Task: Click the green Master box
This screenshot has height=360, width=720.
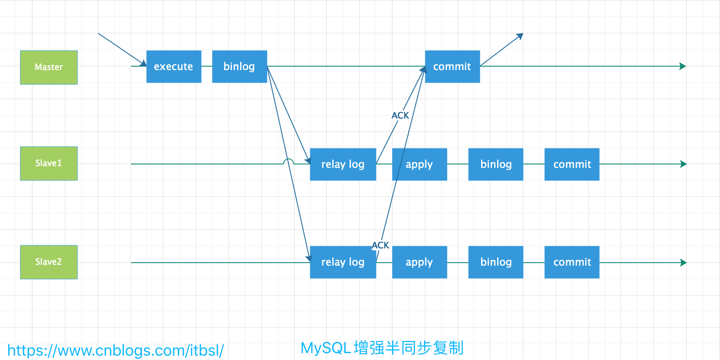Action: pos(49,67)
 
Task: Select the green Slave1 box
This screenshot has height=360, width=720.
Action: pos(49,164)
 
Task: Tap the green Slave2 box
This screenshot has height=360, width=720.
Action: pos(49,262)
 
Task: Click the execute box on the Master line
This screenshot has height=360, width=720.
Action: pos(174,67)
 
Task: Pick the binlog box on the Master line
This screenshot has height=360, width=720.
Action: pos(239,67)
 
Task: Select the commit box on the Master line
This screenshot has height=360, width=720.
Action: pos(452,67)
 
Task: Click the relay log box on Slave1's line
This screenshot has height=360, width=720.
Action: pos(343,164)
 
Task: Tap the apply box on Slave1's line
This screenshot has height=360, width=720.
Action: pos(419,164)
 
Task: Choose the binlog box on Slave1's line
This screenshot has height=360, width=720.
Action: pos(495,164)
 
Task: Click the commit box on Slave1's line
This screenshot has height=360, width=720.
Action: pos(572,164)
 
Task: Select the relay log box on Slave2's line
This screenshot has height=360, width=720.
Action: pos(343,262)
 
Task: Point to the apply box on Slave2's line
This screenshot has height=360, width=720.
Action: pos(419,262)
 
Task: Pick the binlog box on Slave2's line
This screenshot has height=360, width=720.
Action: pos(495,262)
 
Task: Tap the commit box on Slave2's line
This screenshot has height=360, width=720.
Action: pos(572,262)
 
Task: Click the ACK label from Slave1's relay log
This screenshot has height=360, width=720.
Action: pos(400,116)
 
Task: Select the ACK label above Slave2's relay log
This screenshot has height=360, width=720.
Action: pos(381,245)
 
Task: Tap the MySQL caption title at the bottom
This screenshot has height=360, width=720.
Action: pos(382,348)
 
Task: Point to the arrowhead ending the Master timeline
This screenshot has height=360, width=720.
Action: pos(683,66)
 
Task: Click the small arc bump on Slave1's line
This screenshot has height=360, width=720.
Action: pos(288,162)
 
